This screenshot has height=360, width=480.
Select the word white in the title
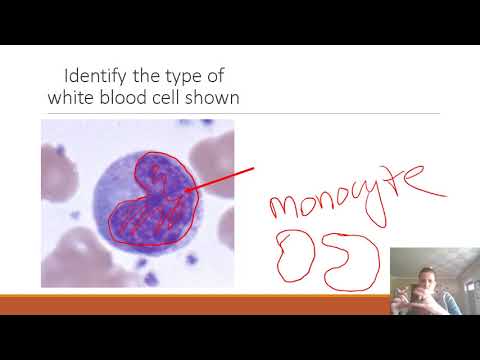point(75,97)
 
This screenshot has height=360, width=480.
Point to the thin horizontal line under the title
point(240,113)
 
